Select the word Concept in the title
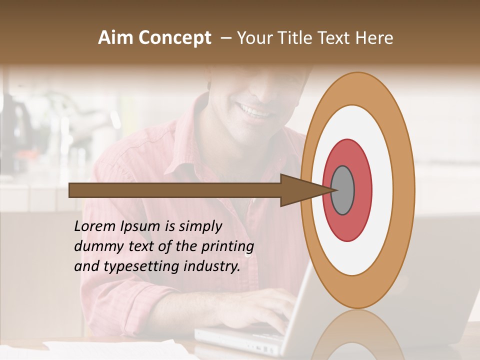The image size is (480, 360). click(x=174, y=38)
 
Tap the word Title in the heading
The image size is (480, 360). click(x=294, y=37)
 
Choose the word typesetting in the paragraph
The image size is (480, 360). click(x=135, y=267)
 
